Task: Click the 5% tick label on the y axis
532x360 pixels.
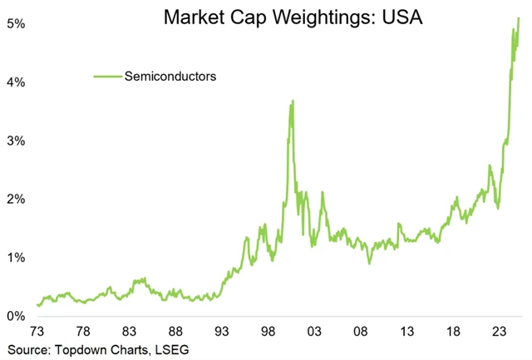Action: pos(15,24)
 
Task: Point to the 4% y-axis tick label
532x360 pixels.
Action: pos(15,82)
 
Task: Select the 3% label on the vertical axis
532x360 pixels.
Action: pos(15,141)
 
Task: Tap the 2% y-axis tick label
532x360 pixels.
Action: pos(15,200)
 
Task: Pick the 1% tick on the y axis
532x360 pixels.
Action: pos(15,258)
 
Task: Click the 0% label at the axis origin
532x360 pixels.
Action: pos(15,316)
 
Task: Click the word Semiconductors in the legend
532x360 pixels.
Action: pos(170,76)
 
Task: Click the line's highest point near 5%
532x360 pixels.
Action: pos(519,17)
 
